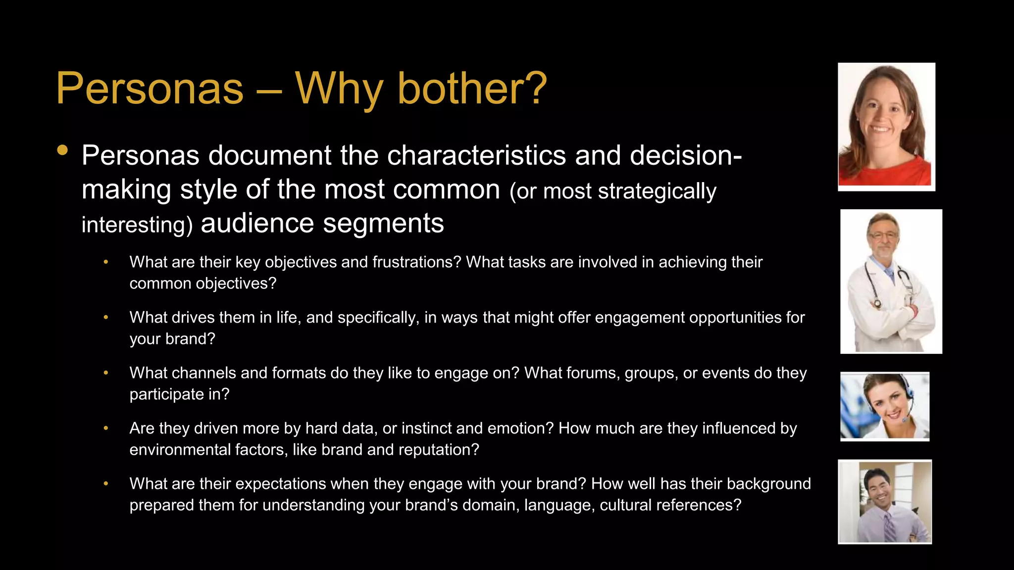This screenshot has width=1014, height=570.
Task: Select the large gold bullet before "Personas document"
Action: pos(62,150)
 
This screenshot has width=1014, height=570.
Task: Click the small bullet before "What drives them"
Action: pos(106,318)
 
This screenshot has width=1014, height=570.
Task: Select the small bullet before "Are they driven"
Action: pos(106,428)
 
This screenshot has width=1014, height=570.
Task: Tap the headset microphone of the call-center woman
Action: pos(905,420)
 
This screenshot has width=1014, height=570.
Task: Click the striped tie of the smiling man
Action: pos(889,527)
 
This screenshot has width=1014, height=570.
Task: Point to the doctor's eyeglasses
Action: pos(884,236)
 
